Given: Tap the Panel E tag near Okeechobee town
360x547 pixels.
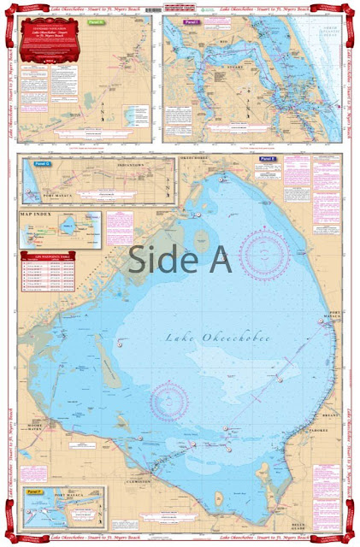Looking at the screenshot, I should coord(267,160).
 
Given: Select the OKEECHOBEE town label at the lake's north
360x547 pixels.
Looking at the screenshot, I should coord(195,159).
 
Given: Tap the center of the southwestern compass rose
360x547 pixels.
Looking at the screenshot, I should coord(169,400).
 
